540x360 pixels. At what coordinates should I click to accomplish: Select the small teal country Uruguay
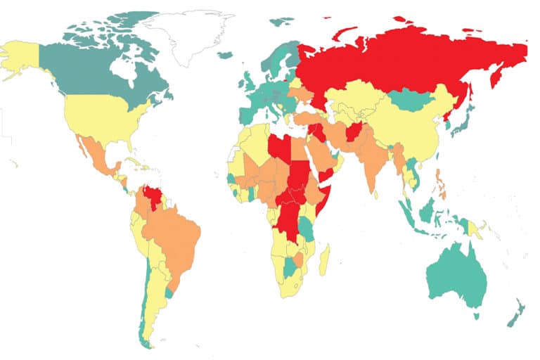coord(168,290)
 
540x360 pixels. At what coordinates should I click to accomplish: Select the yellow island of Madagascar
coord(324,260)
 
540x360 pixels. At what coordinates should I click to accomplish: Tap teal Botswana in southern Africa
coord(288,268)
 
